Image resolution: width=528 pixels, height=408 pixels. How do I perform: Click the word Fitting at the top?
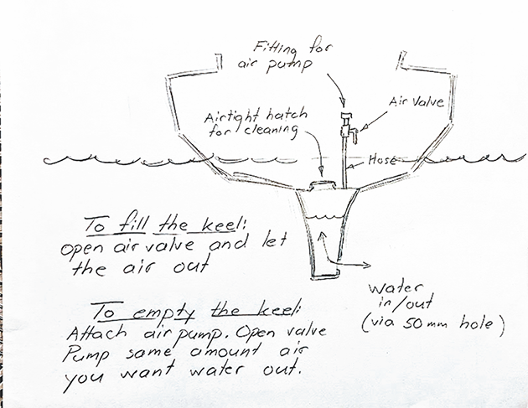275,49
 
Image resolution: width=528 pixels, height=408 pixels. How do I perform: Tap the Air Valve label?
417,101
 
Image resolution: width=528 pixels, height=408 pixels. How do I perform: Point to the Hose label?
382,159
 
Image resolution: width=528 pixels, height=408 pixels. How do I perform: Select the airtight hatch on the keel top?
323,185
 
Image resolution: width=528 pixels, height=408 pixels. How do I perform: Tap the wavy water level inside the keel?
324,216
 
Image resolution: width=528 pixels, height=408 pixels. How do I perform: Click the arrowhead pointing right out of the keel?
366,266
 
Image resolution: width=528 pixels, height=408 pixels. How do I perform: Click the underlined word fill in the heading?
132,225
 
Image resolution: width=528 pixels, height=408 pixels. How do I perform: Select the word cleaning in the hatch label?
271,131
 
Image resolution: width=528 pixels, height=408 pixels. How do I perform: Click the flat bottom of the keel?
324,276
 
